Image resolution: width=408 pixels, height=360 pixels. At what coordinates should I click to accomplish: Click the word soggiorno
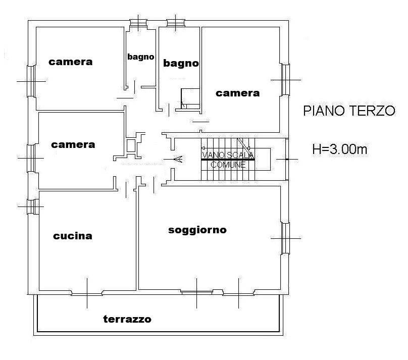coord(197,230)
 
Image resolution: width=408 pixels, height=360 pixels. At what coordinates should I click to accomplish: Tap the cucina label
coord(73,236)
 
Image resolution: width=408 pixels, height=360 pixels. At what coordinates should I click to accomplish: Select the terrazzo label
coord(127,319)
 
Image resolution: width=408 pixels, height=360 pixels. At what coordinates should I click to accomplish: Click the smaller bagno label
coord(140,57)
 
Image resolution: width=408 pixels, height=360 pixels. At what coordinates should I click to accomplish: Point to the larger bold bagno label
coord(181,63)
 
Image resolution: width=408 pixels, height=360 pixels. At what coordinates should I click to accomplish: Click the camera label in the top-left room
coord(71,62)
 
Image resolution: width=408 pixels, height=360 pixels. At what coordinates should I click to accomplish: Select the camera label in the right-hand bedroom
coord(237,93)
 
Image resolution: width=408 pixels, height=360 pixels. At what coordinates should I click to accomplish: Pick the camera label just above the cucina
coord(73,144)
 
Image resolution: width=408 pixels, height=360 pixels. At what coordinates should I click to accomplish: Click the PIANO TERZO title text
coord(349,111)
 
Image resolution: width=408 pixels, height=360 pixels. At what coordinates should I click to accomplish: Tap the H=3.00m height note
coord(339,149)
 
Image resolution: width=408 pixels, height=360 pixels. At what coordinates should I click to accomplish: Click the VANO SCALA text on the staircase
coord(228,156)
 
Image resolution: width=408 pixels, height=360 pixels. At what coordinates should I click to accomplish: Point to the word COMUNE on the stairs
coord(228,165)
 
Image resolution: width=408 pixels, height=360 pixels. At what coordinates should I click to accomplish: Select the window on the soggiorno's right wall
coord(285,238)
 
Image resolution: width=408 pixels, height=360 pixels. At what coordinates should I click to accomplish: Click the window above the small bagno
coord(138,23)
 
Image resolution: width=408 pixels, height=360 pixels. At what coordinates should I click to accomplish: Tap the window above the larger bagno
coord(176,23)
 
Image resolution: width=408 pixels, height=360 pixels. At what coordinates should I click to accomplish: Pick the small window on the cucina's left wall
coord(33,207)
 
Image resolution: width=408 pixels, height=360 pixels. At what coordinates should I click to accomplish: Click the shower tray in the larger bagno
coord(190,98)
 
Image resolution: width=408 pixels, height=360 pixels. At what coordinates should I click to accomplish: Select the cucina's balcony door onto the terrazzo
coord(87,293)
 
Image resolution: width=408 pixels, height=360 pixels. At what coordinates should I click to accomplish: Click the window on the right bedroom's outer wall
coord(285,80)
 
